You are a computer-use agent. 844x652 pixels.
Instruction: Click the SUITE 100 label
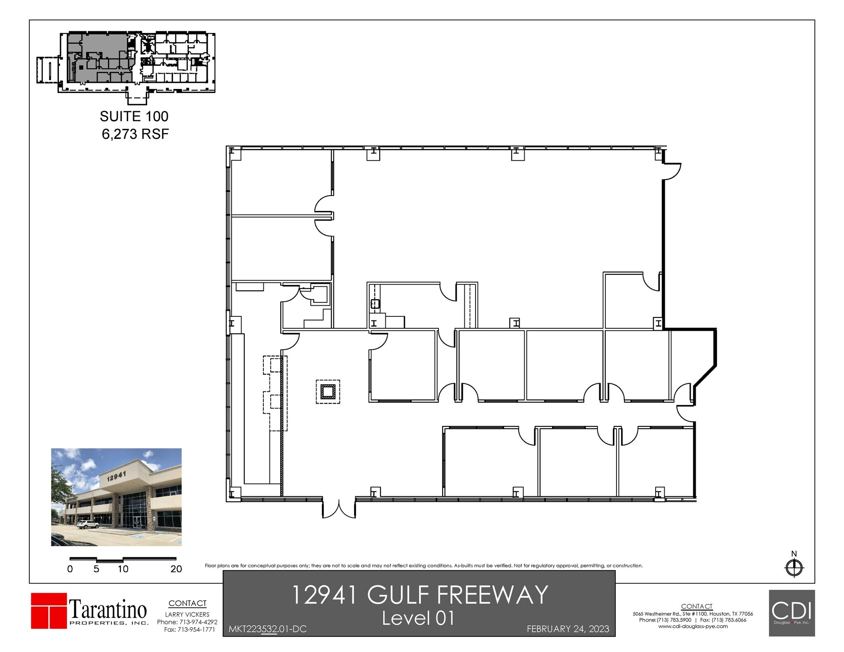[x=134, y=117]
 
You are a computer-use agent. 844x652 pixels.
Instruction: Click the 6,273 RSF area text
[x=135, y=134]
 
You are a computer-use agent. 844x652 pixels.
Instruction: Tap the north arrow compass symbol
[x=794, y=568]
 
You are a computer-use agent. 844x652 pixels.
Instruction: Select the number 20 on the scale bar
[x=176, y=569]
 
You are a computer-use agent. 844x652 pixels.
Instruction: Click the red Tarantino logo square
[x=49, y=610]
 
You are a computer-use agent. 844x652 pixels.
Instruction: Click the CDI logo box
[x=792, y=613]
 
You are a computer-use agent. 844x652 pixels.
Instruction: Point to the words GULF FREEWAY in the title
[x=457, y=595]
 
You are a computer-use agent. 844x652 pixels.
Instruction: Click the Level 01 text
[x=418, y=618]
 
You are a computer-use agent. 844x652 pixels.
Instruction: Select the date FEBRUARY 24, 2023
[x=568, y=629]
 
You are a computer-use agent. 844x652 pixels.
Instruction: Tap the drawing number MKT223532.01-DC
[x=267, y=629]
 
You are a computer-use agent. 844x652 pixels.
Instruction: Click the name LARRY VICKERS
[x=187, y=615]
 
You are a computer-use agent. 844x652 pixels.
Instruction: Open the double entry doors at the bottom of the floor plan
[x=339, y=508]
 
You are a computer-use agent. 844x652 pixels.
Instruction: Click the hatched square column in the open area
[x=328, y=391]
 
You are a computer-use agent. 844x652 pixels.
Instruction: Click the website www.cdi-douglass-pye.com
[x=693, y=626]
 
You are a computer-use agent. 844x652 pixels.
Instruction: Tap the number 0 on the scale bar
[x=70, y=569]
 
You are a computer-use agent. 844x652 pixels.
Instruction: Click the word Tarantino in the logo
[x=108, y=608]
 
